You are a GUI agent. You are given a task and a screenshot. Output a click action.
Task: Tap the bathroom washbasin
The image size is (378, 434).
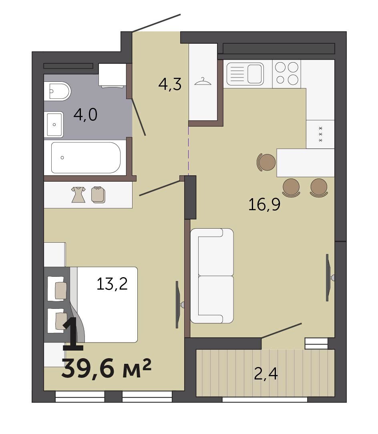point(54,125)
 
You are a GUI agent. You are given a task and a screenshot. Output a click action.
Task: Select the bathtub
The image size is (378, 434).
point(86,158)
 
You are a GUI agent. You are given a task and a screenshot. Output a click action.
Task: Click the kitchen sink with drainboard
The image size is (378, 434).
point(245,74)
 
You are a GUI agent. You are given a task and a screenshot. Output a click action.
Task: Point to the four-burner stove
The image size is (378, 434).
point(287,74)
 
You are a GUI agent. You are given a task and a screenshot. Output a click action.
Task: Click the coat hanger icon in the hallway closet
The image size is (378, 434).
point(203,81)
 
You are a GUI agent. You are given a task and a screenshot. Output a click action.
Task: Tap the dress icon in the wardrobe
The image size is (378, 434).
point(78,195)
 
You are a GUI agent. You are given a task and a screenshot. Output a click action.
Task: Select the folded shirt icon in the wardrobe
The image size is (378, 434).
point(98,195)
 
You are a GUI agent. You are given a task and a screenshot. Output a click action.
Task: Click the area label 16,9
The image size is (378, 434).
point(264,205)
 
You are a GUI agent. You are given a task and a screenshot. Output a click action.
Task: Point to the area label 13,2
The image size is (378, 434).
point(112,284)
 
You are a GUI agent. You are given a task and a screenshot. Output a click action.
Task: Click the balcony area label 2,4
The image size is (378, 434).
point(266,374)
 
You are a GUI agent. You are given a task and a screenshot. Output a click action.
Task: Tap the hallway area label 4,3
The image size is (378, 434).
point(170,84)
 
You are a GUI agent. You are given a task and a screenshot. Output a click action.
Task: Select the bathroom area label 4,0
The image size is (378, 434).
point(85,115)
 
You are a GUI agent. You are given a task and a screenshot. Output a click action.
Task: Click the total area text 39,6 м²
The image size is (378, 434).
point(107,368)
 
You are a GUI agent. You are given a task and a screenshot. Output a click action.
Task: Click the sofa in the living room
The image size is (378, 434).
point(212,276)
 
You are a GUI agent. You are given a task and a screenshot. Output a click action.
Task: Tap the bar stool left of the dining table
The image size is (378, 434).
point(266,162)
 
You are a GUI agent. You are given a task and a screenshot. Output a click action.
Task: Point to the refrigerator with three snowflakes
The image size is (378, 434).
point(320,134)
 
